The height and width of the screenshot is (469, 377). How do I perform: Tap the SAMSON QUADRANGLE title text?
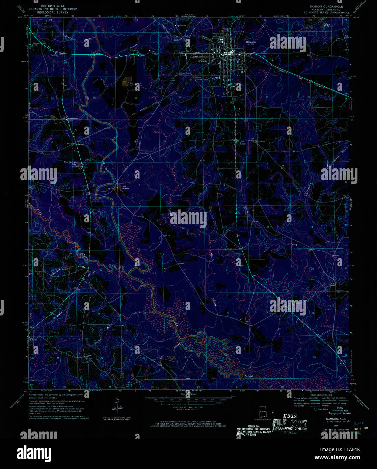[323, 6]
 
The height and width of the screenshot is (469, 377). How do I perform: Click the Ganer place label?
[80, 144]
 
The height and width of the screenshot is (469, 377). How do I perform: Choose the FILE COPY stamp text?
[290, 423]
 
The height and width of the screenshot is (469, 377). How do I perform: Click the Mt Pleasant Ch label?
[71, 118]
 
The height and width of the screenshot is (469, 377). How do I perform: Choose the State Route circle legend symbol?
[316, 409]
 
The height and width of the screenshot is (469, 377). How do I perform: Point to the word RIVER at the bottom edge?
[248, 375]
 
